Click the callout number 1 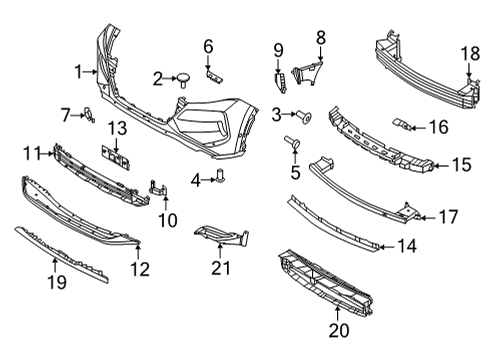click(79, 71)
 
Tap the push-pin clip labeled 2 click(185, 79)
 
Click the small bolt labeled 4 click(222, 179)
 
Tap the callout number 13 click(118, 127)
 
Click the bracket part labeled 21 click(220, 235)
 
